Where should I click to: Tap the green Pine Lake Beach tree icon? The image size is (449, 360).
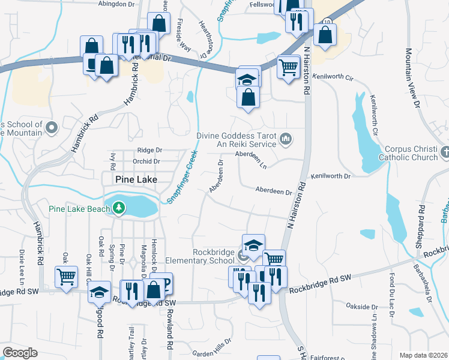click(119, 208)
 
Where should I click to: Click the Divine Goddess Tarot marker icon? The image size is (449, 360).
click(286, 139)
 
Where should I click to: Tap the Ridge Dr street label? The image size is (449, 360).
click(149, 150)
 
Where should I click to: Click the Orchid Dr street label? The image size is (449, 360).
click(147, 161)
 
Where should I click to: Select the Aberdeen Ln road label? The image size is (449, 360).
click(250, 154)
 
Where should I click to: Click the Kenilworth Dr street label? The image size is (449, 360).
click(330, 176)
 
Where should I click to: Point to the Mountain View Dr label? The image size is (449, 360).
click(412, 78)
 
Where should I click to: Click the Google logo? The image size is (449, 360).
click(20, 353)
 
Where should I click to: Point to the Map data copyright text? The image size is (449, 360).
click(423, 355)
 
